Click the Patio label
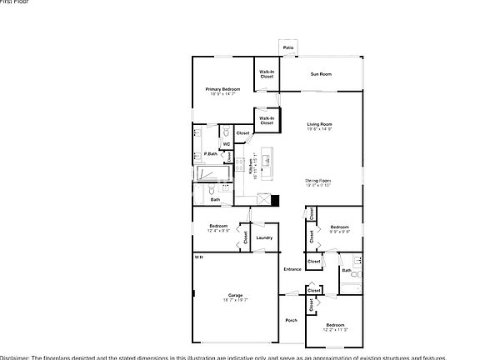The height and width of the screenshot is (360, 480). pyautogui.click(x=287, y=48)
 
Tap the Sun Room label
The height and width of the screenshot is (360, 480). pyautogui.click(x=321, y=74)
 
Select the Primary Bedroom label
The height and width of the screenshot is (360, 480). pyautogui.click(x=223, y=88)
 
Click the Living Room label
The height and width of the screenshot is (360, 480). pyautogui.click(x=319, y=124)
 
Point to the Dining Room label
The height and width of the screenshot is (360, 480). pyautogui.click(x=318, y=180)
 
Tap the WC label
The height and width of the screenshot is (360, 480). pyautogui.click(x=225, y=144)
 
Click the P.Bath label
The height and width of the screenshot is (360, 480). pyautogui.click(x=212, y=154)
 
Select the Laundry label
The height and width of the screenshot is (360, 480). pyautogui.click(x=264, y=237)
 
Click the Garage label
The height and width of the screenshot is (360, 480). pyautogui.click(x=235, y=294)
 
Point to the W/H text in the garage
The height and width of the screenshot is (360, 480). pyautogui.click(x=198, y=257)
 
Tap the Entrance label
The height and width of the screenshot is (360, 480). pyautogui.click(x=292, y=269)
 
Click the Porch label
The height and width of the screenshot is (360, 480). pyautogui.click(x=292, y=321)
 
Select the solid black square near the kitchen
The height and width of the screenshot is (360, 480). pyautogui.click(x=275, y=200)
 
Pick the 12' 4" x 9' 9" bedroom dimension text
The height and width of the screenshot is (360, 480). pyautogui.click(x=219, y=230)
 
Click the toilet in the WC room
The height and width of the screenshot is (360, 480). pyautogui.click(x=225, y=130)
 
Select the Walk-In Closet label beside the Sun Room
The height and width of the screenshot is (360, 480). pyautogui.click(x=266, y=74)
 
